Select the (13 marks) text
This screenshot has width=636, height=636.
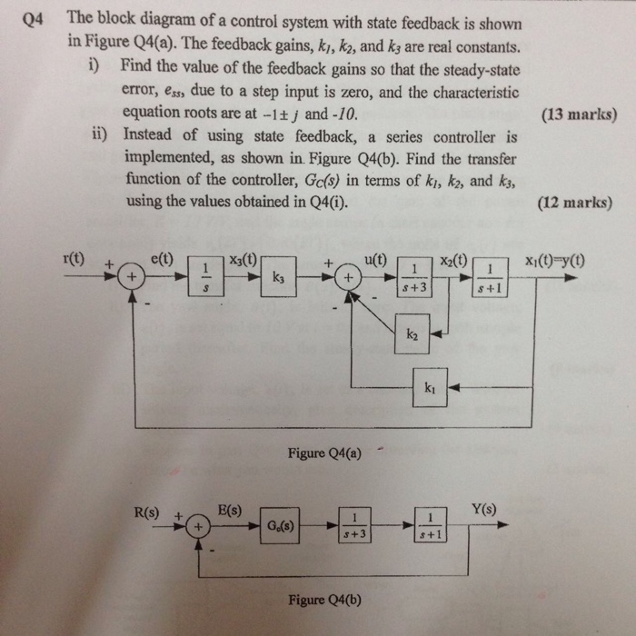pos(578,115)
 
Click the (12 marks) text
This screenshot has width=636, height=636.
pos(578,203)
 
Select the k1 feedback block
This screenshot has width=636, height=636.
pos(430,387)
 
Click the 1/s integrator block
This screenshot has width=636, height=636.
pos(205,273)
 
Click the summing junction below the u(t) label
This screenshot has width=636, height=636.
pos(346,273)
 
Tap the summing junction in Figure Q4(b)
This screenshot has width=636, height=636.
pos(194,526)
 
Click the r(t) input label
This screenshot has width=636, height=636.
pos(75,257)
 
